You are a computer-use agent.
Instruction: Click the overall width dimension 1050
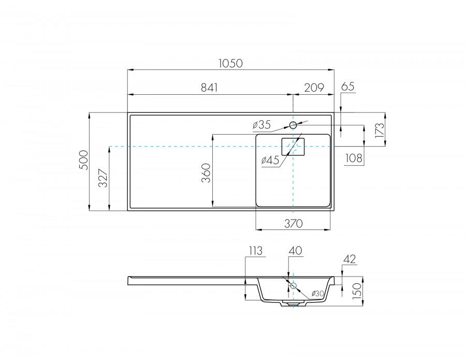tap(231, 63)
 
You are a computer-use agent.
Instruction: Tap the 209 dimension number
tap(314, 88)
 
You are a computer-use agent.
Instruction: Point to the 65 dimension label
tap(348, 87)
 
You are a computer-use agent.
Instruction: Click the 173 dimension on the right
tap(379, 129)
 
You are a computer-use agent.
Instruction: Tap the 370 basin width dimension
tap(293, 223)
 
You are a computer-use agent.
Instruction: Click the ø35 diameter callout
tap(262, 124)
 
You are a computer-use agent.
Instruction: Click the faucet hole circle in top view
tap(293, 125)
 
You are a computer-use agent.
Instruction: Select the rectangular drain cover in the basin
tap(293, 147)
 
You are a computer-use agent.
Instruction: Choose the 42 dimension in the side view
tap(350, 259)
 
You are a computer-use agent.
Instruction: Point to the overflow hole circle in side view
tap(294, 285)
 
